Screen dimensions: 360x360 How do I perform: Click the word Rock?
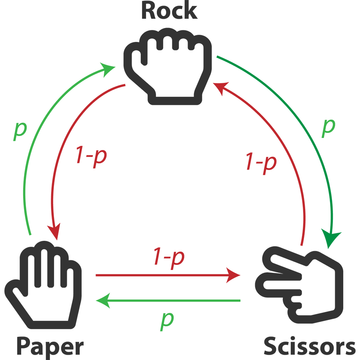coord(169,11)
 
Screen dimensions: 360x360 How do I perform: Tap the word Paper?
coord(50,346)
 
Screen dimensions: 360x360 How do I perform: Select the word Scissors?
coord(309,346)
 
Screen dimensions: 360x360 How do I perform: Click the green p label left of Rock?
coord(20,130)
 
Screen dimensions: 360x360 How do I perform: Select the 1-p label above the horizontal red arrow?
coord(168,258)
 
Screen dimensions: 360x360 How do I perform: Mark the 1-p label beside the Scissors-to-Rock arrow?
coord(260,162)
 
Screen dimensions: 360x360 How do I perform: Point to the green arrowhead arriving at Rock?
coord(110,69)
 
